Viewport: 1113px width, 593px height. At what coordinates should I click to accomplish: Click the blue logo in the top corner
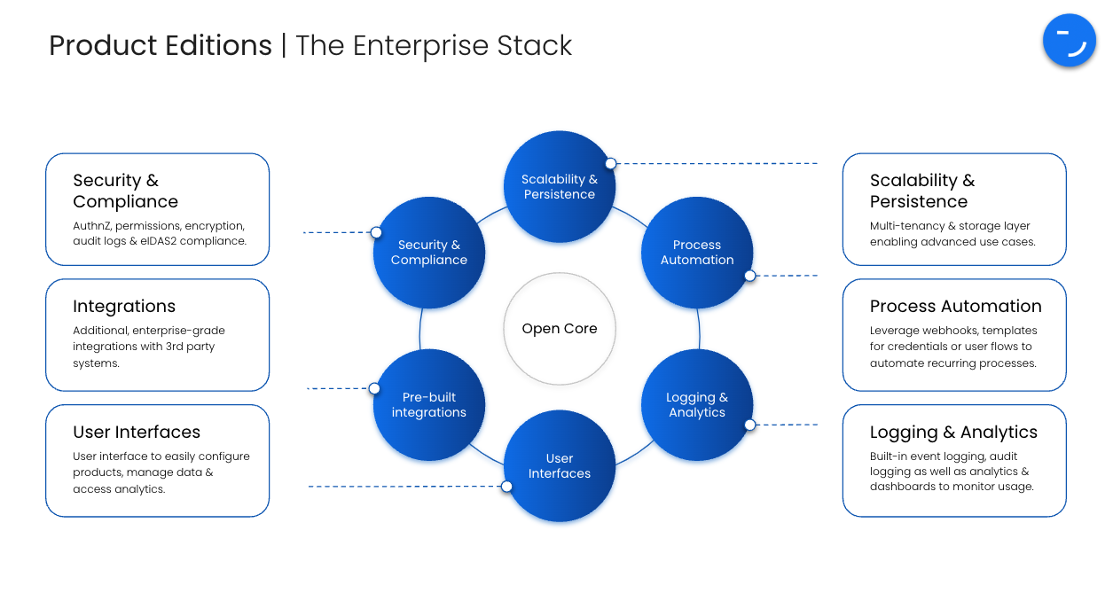pyautogui.click(x=1070, y=41)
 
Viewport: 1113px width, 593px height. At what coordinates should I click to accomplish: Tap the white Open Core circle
pyautogui.click(x=560, y=329)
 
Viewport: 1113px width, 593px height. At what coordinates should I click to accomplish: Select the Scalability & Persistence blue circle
pyautogui.click(x=560, y=187)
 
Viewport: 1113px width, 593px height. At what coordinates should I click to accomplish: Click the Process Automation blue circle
pyautogui.click(x=697, y=253)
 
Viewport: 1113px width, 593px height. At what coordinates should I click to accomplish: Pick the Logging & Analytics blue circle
pyautogui.click(x=697, y=405)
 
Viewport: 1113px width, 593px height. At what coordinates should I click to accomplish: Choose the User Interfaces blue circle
pyautogui.click(x=560, y=466)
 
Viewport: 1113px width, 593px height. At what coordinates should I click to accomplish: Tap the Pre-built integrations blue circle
pyautogui.click(x=429, y=405)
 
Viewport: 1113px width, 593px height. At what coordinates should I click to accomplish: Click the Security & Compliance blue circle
pyautogui.click(x=429, y=253)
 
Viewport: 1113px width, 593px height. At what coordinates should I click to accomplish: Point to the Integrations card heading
pyautogui.click(x=124, y=307)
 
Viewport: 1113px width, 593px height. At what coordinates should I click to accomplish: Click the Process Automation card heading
pyautogui.click(x=955, y=307)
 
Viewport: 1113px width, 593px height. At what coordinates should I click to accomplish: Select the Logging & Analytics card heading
pyautogui.click(x=953, y=433)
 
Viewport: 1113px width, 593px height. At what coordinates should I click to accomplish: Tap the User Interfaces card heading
pyautogui.click(x=137, y=433)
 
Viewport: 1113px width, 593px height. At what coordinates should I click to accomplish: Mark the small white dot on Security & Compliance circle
pyautogui.click(x=376, y=232)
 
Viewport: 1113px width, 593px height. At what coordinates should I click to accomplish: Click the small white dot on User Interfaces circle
pyautogui.click(x=506, y=487)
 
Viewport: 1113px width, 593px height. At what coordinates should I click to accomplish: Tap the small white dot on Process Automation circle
pyautogui.click(x=749, y=276)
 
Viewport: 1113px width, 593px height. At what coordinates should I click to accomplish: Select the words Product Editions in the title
pyautogui.click(x=161, y=46)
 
